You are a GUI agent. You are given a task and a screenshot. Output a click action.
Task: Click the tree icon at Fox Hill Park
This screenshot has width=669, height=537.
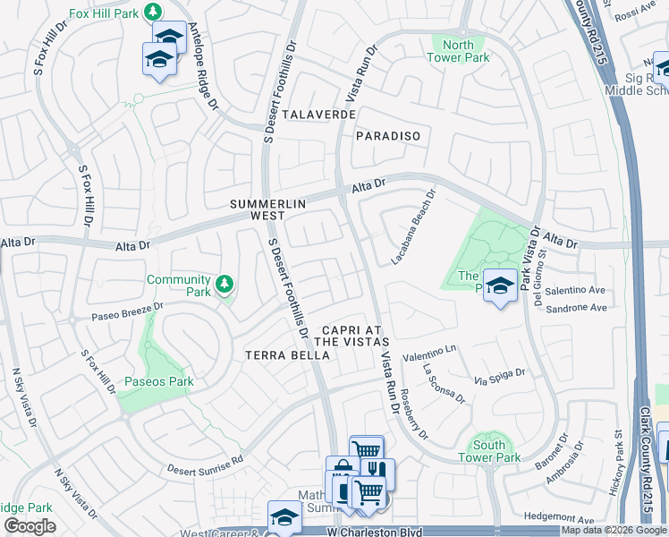coord(153,11)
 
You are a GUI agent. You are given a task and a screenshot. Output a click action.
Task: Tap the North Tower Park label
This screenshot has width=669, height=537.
coord(458,51)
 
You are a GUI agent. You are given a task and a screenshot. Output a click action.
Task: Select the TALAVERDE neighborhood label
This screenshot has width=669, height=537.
coord(319,115)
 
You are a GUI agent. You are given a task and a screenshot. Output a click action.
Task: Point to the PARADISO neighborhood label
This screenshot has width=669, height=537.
coord(387,136)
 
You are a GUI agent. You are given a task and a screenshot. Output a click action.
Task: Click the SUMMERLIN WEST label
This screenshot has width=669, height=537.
coord(268,210)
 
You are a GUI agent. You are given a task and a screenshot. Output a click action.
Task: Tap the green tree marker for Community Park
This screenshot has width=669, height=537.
coord(224,286)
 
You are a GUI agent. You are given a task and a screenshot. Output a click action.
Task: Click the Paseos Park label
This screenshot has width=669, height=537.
coord(159,381)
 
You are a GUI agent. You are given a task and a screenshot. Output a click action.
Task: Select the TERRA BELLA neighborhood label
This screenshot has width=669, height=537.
coord(288,355)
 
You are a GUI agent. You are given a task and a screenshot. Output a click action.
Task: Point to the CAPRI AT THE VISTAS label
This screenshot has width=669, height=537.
coord(352,336)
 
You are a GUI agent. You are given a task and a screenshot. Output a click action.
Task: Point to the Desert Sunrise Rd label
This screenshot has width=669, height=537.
coord(205,465)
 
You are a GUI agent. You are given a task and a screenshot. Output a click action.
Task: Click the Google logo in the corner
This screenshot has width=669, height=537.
coord(30,526)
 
